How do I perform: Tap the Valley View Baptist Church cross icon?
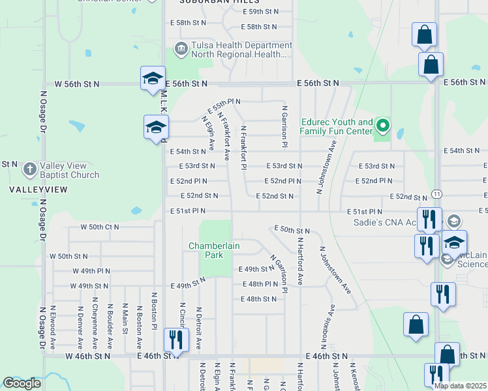[x=29, y=169]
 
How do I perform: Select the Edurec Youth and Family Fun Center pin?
[x=383, y=125]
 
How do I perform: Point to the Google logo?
[x=22, y=383]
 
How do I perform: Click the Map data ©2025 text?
[x=460, y=386]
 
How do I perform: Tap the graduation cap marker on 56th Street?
[x=153, y=79]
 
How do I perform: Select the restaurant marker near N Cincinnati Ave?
[x=175, y=339]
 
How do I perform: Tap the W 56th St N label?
[x=77, y=84]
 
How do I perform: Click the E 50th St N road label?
[x=292, y=230]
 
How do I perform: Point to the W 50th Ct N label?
[x=99, y=227]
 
